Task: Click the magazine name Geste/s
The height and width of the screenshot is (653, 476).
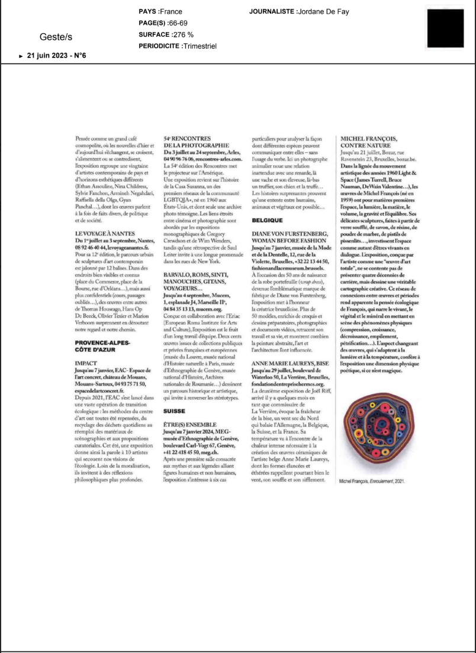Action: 56,37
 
